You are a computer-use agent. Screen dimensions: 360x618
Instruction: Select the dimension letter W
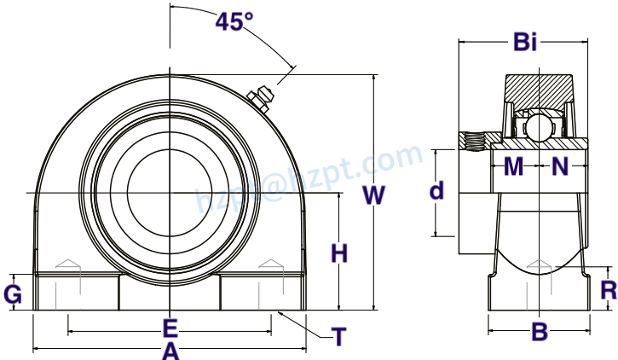373,195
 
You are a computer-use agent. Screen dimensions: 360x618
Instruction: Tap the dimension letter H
339,253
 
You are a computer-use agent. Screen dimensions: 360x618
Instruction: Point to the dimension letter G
13,294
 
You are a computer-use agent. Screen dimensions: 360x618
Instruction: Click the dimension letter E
170,328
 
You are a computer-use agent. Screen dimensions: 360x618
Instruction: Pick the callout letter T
338,338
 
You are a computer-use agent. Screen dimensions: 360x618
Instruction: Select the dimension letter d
436,191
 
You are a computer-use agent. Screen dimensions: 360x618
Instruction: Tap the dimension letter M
513,167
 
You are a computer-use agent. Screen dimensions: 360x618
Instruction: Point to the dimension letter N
560,167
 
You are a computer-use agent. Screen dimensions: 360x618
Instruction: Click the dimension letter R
608,291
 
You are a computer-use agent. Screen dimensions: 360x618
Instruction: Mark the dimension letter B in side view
539,332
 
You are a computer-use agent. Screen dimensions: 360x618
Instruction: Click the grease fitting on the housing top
259,96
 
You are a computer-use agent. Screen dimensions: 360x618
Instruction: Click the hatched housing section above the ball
539,89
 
